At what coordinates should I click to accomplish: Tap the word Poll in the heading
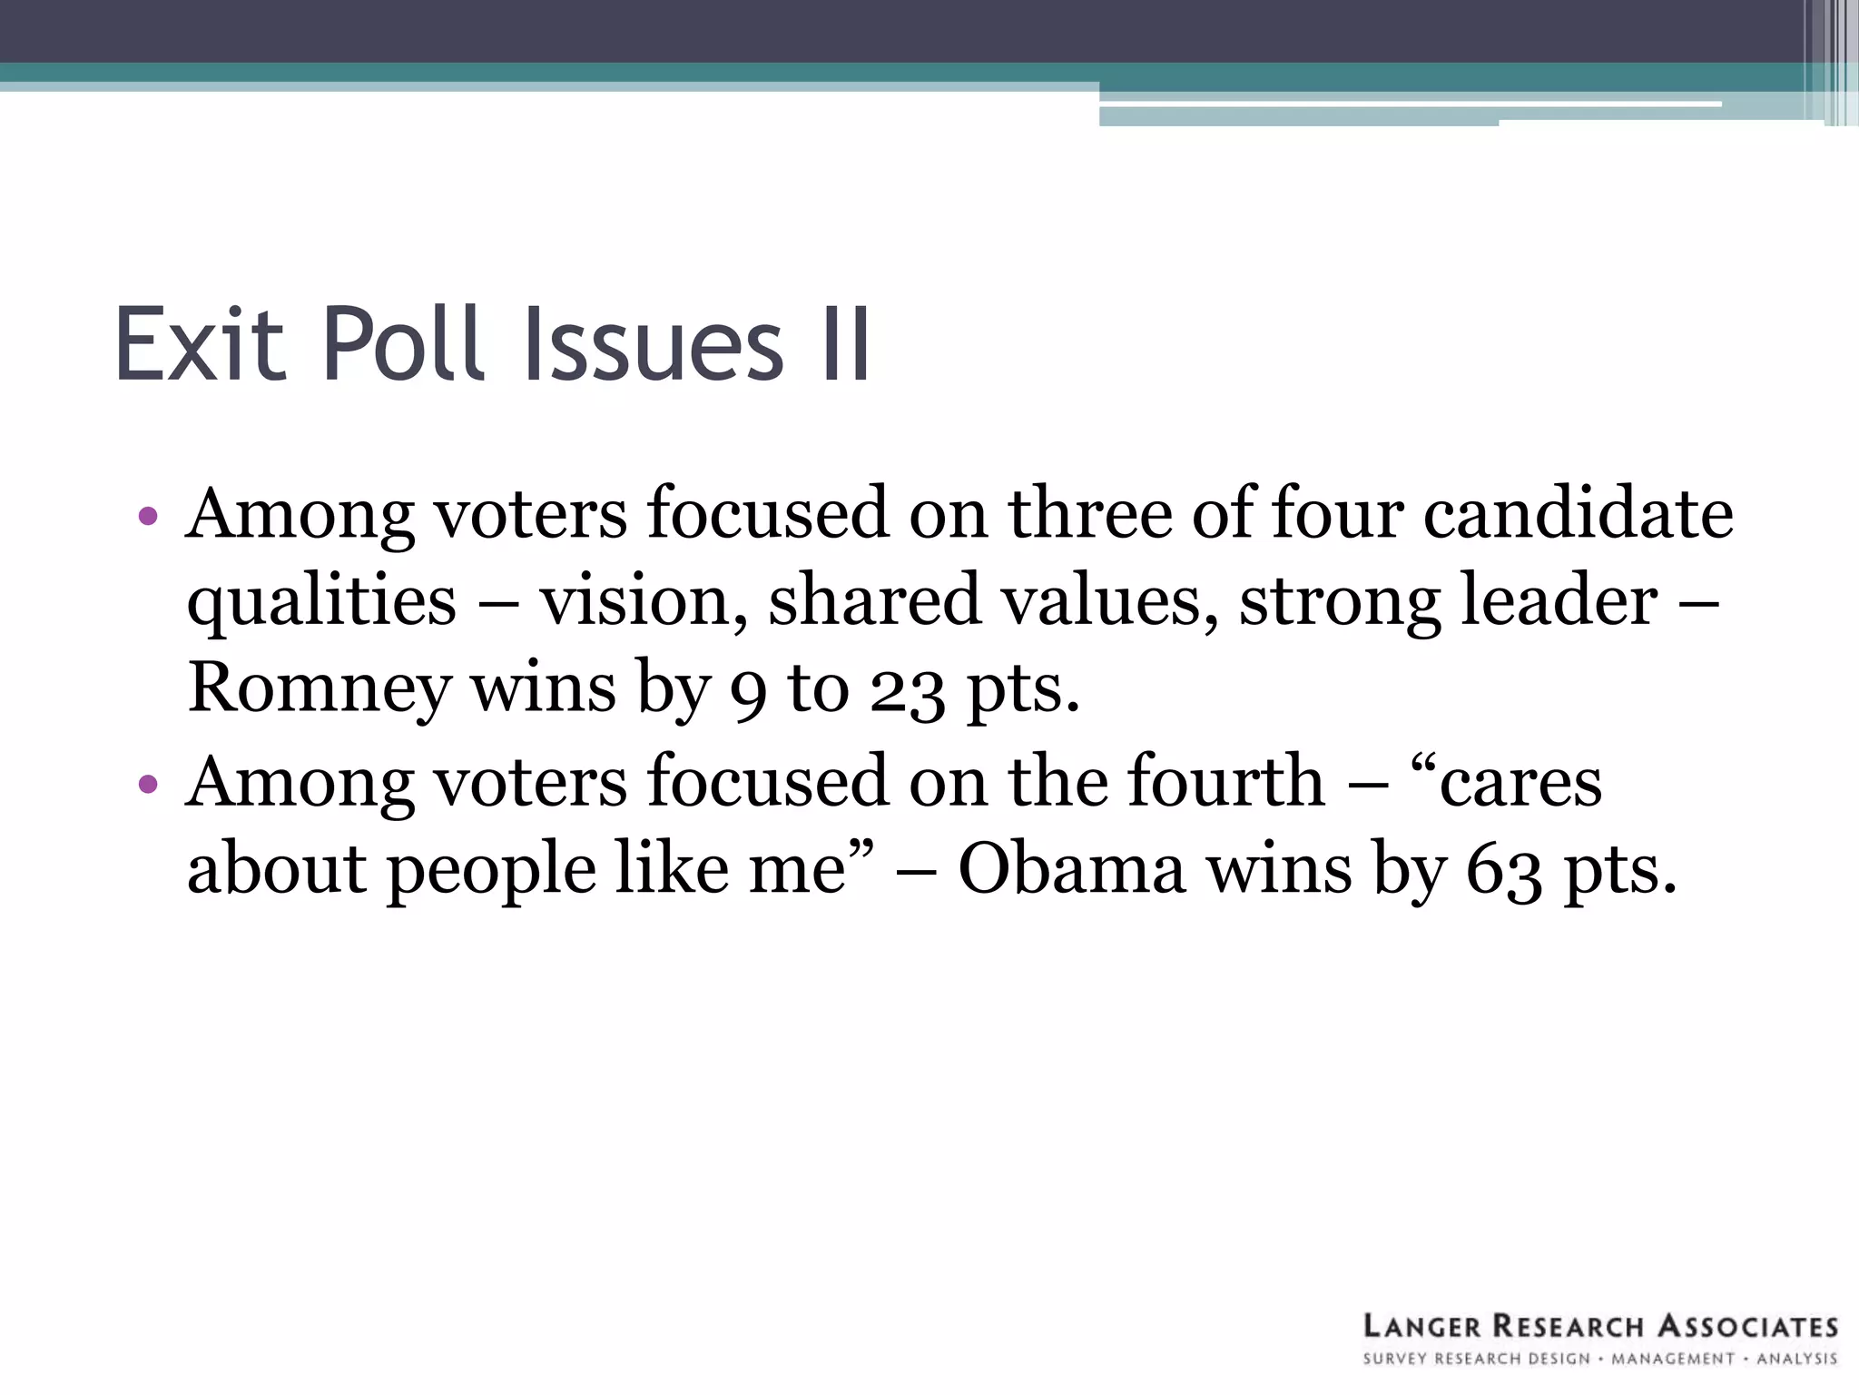point(400,344)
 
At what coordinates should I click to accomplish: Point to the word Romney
point(319,689)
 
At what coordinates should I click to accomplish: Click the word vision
point(635,601)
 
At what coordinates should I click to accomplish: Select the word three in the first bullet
point(1090,514)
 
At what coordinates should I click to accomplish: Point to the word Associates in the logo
point(1747,1327)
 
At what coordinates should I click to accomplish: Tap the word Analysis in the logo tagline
point(1796,1360)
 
